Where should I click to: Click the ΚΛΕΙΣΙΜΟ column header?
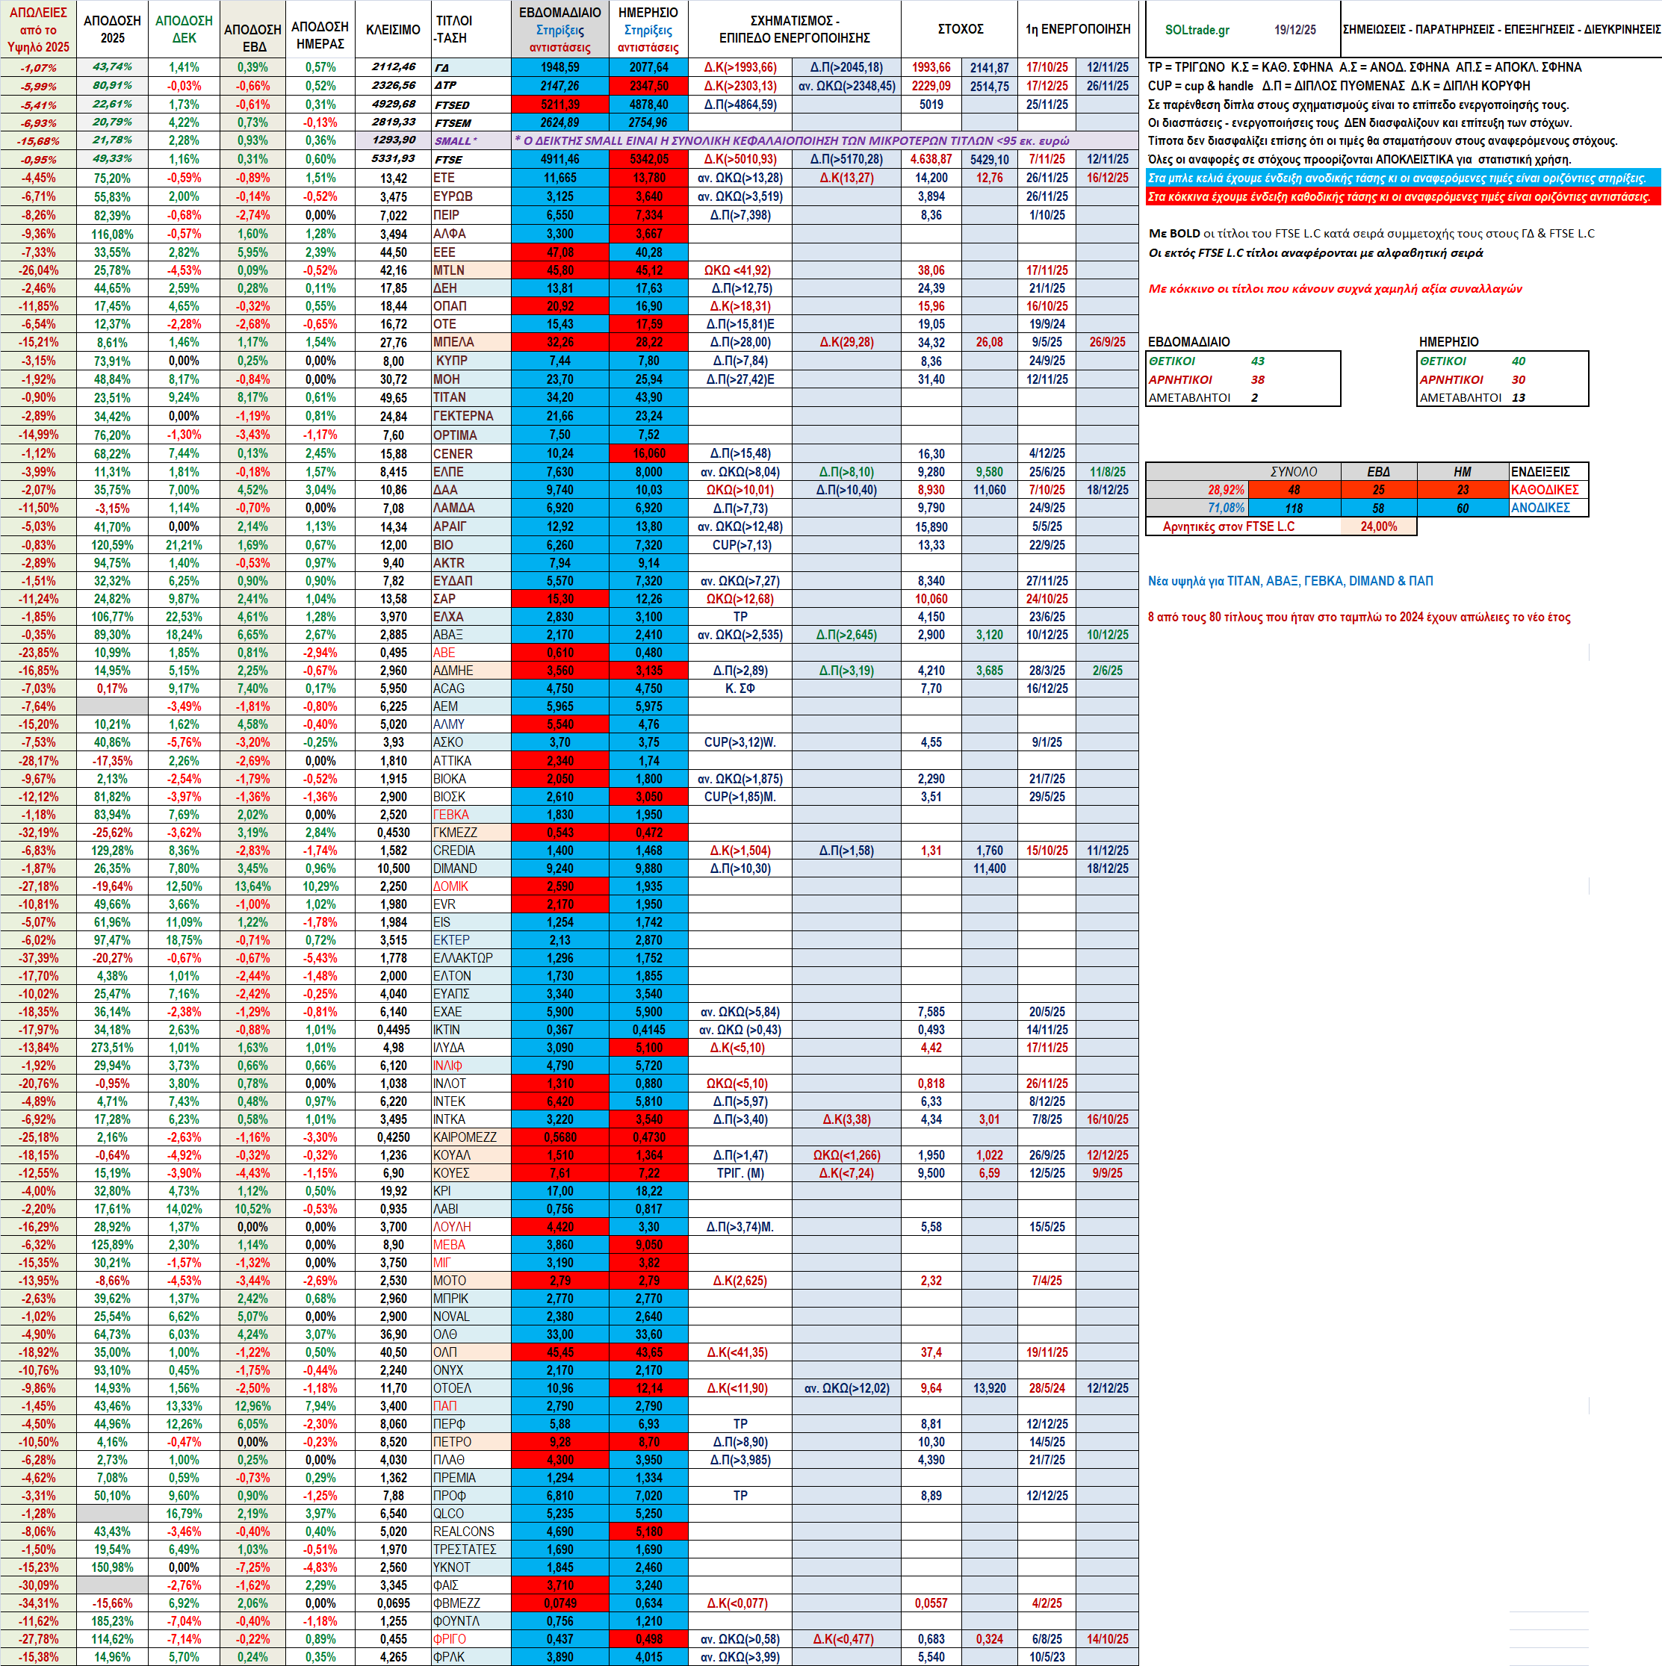coord(392,29)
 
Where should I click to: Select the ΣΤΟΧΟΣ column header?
coord(960,29)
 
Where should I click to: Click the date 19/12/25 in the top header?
coord(1294,30)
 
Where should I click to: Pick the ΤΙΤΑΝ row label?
coord(450,397)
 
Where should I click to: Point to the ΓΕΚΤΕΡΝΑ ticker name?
coord(463,416)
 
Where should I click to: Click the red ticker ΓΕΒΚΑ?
coord(451,815)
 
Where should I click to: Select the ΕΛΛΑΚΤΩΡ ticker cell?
coord(463,958)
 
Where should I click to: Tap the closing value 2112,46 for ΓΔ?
coord(394,67)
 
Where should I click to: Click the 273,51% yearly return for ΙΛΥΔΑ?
coord(112,1048)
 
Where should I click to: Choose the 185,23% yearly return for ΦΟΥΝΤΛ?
coord(112,1621)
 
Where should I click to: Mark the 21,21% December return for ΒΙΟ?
coord(184,545)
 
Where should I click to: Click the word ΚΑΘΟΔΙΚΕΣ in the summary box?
coord(1545,490)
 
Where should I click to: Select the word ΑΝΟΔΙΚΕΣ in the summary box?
coord(1539,508)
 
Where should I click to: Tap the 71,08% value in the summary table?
coord(1226,508)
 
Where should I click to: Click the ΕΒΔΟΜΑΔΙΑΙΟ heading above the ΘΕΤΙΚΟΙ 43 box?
coord(1188,341)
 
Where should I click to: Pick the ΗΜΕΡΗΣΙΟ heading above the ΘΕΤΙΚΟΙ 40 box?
coord(1448,341)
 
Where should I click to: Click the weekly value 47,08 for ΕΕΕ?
coord(559,252)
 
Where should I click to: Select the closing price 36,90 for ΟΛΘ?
coord(394,1334)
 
